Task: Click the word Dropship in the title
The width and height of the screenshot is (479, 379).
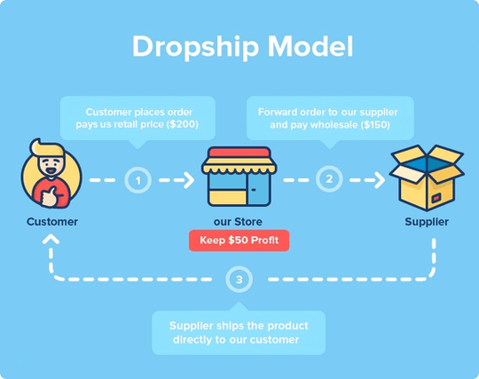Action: point(195,47)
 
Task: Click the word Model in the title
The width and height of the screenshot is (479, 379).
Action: point(310,46)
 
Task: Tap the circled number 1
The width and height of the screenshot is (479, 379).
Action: point(138,180)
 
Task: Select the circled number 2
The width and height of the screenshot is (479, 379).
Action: point(329,179)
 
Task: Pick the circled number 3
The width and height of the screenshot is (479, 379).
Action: point(239,280)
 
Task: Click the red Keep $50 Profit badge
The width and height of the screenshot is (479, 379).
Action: point(239,241)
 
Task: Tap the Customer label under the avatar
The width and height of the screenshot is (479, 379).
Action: point(52,222)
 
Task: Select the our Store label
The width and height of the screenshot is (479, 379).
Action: point(238,222)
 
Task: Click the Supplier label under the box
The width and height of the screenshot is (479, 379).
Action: point(427,222)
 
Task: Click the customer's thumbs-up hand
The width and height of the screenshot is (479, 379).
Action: point(50,196)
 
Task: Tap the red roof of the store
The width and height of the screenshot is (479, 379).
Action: point(239,153)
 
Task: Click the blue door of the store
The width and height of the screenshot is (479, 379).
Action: point(258,189)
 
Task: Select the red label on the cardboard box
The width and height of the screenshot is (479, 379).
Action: point(436,199)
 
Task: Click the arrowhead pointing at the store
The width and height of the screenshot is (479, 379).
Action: point(190,180)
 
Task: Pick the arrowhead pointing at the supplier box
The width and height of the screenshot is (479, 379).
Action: point(380,180)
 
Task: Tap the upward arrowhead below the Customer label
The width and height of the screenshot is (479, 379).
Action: point(51,239)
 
